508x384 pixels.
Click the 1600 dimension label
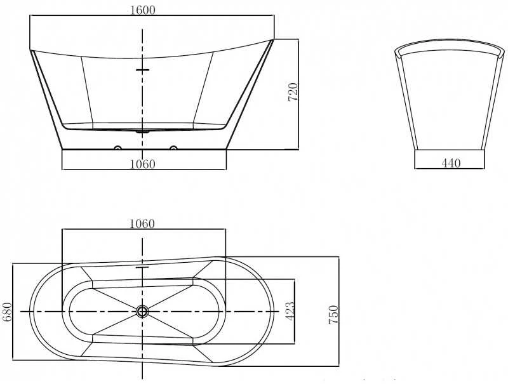click(142, 10)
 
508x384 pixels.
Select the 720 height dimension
click(293, 92)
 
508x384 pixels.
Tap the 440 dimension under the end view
click(451, 163)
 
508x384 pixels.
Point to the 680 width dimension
click(7, 312)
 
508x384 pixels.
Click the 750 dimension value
click(333, 314)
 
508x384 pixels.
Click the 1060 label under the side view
click(142, 164)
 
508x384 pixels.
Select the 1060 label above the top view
click(142, 223)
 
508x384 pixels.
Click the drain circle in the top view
click(142, 312)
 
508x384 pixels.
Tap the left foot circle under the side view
click(117, 149)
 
